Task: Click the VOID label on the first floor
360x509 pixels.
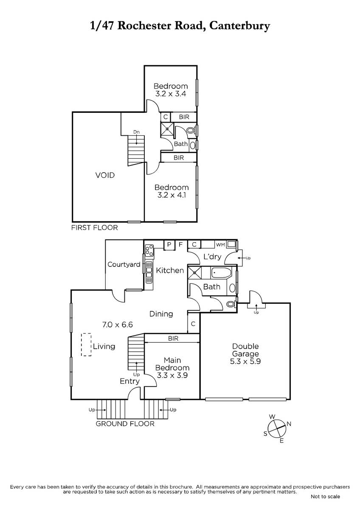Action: pyautogui.click(x=105, y=175)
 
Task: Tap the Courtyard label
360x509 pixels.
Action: pyautogui.click(x=124, y=265)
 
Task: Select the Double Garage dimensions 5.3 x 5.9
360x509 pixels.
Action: pyautogui.click(x=245, y=361)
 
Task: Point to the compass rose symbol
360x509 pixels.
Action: pyautogui.click(x=277, y=428)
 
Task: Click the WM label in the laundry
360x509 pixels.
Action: pyautogui.click(x=220, y=245)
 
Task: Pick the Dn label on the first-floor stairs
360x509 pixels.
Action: pyautogui.click(x=136, y=132)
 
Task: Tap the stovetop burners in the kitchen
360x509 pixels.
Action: pyautogui.click(x=149, y=250)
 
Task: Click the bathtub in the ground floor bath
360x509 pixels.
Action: pyautogui.click(x=221, y=273)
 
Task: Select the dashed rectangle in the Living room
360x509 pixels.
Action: pyautogui.click(x=86, y=344)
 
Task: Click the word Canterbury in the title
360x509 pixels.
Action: pyautogui.click(x=240, y=26)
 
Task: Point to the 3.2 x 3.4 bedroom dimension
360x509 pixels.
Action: pyautogui.click(x=171, y=94)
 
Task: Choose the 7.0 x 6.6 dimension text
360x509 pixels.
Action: pyautogui.click(x=117, y=324)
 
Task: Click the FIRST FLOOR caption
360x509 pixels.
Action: pyautogui.click(x=95, y=228)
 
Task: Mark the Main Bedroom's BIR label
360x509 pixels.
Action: pyautogui.click(x=173, y=338)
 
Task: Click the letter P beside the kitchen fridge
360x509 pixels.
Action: pyautogui.click(x=169, y=244)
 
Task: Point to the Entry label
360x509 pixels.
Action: pyautogui.click(x=129, y=381)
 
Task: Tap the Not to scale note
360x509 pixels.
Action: pyautogui.click(x=326, y=497)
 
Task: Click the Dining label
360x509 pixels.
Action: pyautogui.click(x=161, y=314)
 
